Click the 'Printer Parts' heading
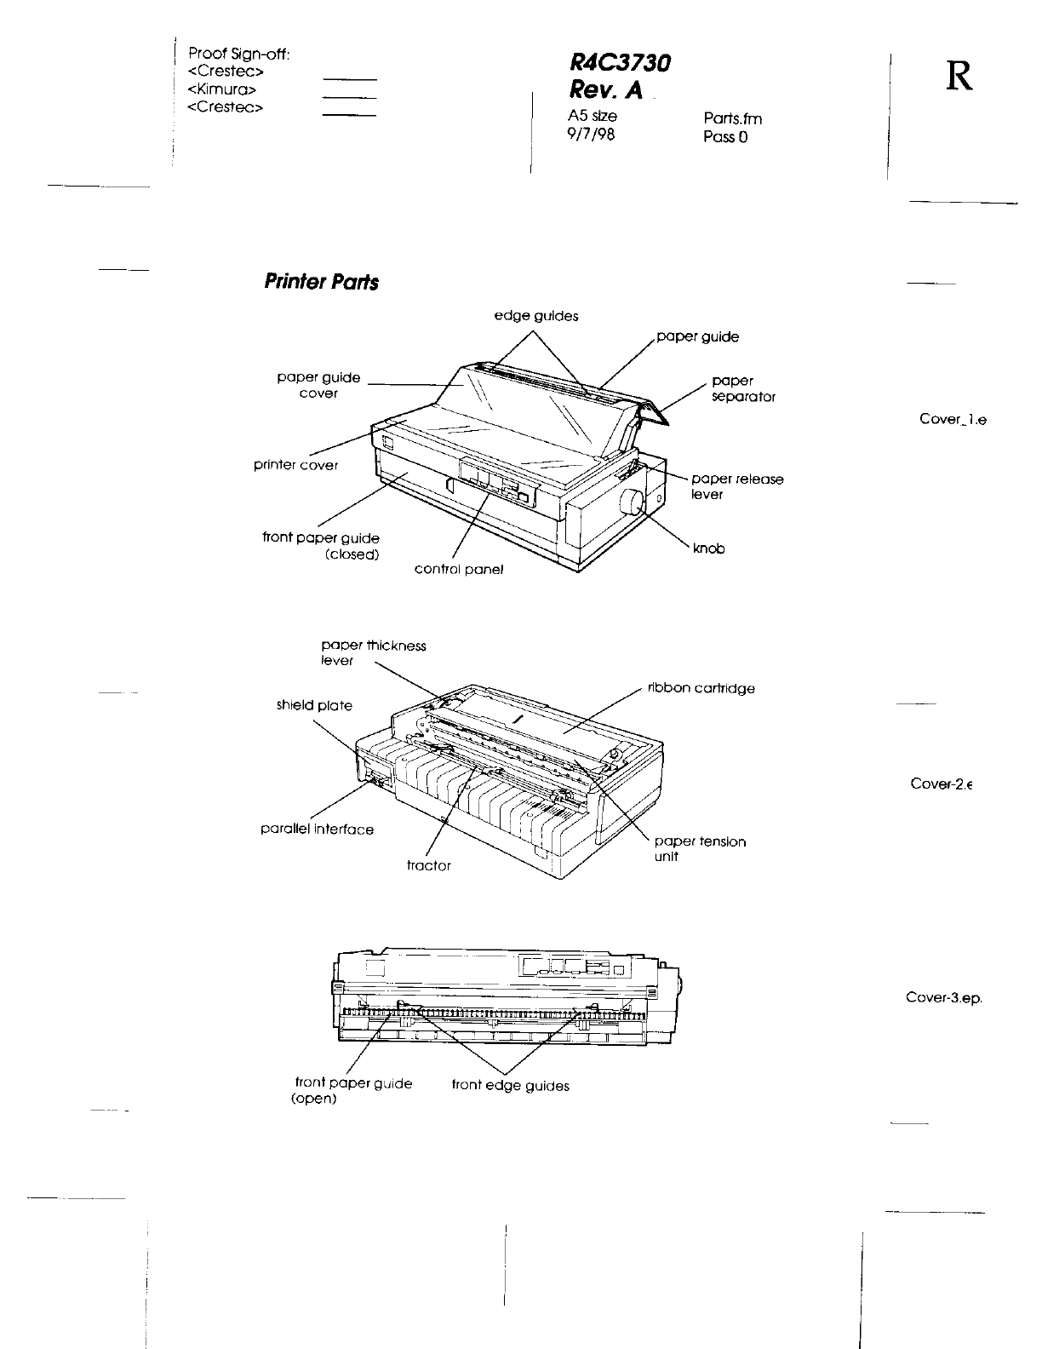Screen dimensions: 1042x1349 (x=321, y=282)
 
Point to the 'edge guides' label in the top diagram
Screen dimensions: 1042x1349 (x=536, y=316)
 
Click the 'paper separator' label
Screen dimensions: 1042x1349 (x=742, y=389)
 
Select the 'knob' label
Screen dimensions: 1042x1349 (x=709, y=549)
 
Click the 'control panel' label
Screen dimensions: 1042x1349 (x=458, y=569)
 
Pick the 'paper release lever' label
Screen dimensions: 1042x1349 (x=737, y=486)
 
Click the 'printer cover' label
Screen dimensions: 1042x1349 (x=295, y=465)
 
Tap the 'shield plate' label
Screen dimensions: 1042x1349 (x=313, y=705)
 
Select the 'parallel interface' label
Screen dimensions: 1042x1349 (x=317, y=829)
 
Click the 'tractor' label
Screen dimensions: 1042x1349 (x=429, y=865)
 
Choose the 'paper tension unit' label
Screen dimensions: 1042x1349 (x=700, y=849)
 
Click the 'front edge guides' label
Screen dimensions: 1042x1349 (x=510, y=1085)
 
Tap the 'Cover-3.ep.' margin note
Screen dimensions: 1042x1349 (x=944, y=998)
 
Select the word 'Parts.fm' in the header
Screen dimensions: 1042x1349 (x=733, y=119)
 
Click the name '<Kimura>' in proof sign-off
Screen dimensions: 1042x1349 (x=222, y=89)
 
